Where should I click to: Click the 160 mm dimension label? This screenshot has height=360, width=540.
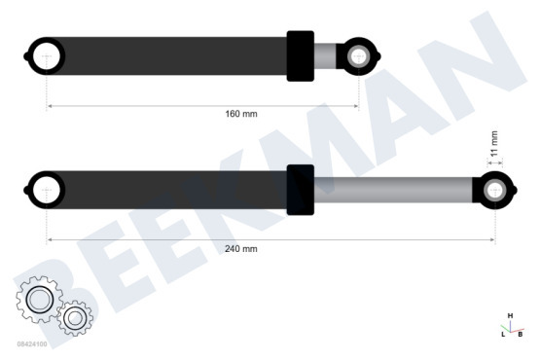pyautogui.click(x=241, y=114)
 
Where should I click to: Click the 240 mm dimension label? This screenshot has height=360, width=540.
pyautogui.click(x=241, y=249)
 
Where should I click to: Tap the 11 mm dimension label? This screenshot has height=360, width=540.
pyautogui.click(x=494, y=144)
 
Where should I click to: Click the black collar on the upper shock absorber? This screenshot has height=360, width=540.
pyautogui.click(x=301, y=56)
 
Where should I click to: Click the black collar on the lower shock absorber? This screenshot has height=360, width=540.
pyautogui.click(x=301, y=190)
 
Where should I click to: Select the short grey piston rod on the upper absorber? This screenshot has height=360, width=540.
pyautogui.click(x=325, y=56)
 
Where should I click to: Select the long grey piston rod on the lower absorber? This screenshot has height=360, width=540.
pyautogui.click(x=393, y=190)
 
